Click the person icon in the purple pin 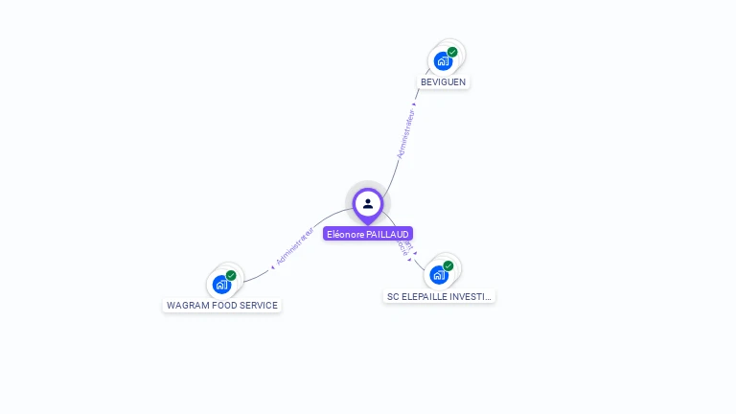pos(368,203)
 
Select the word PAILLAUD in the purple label pos(389,234)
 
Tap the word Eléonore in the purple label pos(345,234)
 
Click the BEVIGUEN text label pos(443,82)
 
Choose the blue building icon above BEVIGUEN pos(442,62)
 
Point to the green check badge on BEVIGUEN pos(452,53)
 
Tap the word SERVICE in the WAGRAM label pos(259,306)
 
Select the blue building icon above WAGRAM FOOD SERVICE pos(221,285)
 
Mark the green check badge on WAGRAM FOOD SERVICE pos(231,275)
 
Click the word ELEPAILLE pos(425,297)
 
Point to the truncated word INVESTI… pos(471,297)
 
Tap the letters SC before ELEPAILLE pos(393,297)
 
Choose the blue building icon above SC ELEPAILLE pos(438,276)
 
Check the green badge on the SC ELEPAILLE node pos(448,266)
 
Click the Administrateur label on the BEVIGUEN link pos(406,133)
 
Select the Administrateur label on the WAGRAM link pos(294,246)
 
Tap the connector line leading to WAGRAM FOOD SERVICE pos(257,275)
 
